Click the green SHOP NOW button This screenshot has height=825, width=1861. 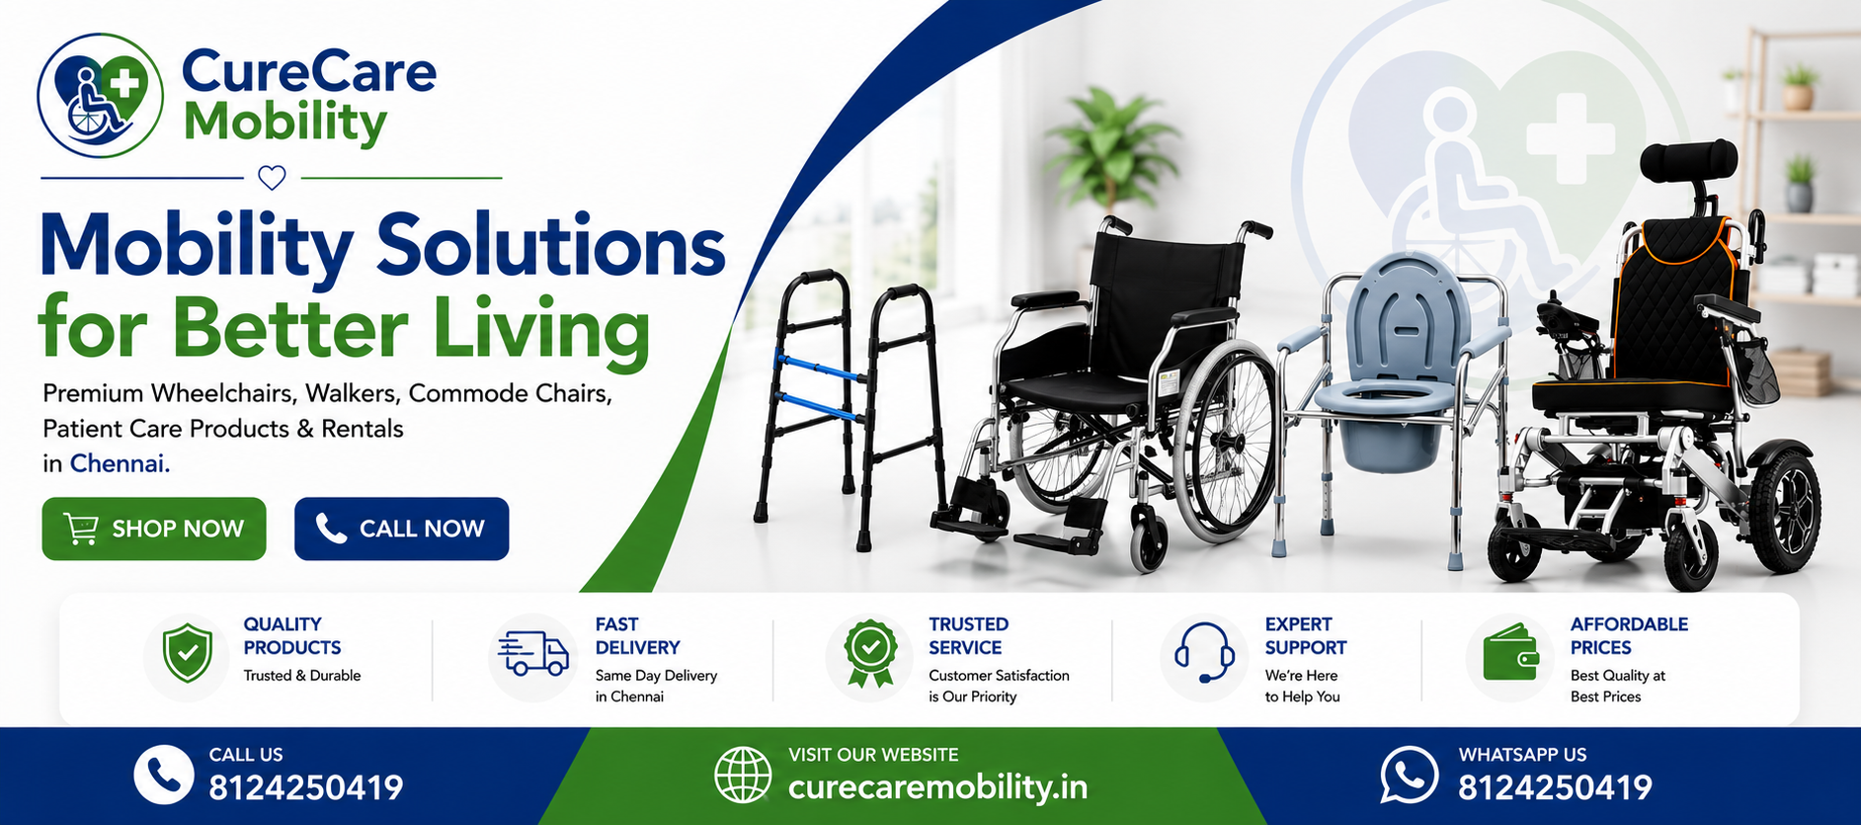[x=154, y=529]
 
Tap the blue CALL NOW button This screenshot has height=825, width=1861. [x=401, y=529]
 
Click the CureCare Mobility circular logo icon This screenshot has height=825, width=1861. [x=100, y=95]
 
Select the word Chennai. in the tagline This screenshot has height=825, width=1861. [x=120, y=463]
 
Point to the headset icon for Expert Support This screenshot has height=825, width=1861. [x=1204, y=652]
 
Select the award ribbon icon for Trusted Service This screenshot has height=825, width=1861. [x=869, y=653]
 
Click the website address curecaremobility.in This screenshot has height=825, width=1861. [x=937, y=787]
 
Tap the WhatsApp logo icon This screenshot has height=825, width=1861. [x=1409, y=776]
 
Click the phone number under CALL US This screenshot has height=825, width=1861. [x=306, y=787]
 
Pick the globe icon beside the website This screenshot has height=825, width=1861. [x=743, y=776]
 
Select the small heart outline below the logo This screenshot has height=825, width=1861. [x=272, y=178]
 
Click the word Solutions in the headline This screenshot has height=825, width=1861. [x=550, y=245]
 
